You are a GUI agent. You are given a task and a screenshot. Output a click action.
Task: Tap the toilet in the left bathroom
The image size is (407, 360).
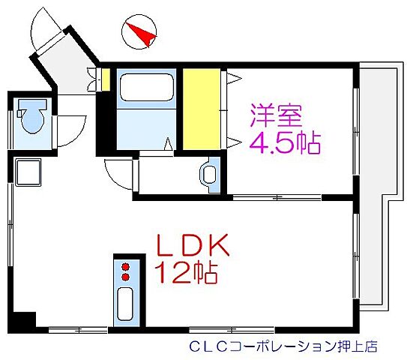(32, 118)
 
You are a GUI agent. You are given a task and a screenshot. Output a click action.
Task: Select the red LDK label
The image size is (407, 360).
(196, 246)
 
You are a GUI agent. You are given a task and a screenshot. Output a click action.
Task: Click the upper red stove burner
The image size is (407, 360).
(125, 265)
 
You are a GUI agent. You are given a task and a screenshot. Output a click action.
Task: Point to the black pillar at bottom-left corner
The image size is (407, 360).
(24, 319)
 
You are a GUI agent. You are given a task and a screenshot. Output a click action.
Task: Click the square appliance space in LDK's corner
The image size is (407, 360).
(29, 175)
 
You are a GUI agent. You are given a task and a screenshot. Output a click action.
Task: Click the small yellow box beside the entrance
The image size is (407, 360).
(106, 79)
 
